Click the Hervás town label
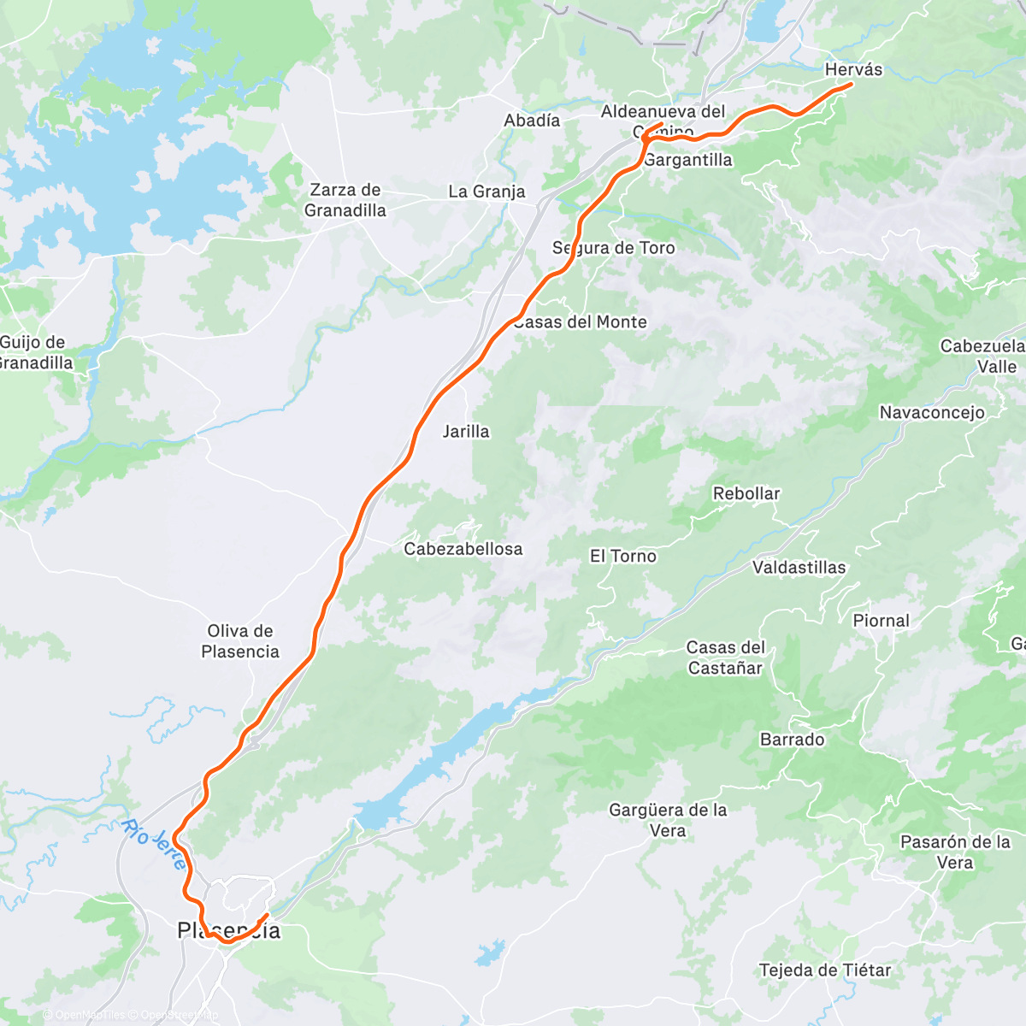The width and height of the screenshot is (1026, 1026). (853, 70)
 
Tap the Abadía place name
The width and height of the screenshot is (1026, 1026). (532, 121)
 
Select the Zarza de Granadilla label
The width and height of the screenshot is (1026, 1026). (346, 200)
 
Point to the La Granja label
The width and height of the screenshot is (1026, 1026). (486, 192)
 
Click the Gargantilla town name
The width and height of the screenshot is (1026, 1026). (688, 160)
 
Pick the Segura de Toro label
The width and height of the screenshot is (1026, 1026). (614, 248)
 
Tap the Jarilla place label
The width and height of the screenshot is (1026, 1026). (466, 432)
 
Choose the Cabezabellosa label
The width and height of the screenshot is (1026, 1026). (463, 549)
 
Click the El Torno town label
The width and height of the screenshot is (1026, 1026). (623, 557)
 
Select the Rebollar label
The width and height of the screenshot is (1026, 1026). (746, 494)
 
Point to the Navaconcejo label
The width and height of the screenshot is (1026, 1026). (932, 413)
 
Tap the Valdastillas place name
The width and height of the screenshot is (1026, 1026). (799, 568)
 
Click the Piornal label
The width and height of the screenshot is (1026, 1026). (882, 621)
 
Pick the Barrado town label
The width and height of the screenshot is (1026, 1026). (793, 740)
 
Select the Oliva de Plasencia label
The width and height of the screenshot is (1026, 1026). (240, 641)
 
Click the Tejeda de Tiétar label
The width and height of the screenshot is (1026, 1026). (825, 970)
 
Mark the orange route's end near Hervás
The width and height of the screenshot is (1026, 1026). (852, 84)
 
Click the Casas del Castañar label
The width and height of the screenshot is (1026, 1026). (726, 657)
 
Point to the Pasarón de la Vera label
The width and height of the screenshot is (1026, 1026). (955, 852)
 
